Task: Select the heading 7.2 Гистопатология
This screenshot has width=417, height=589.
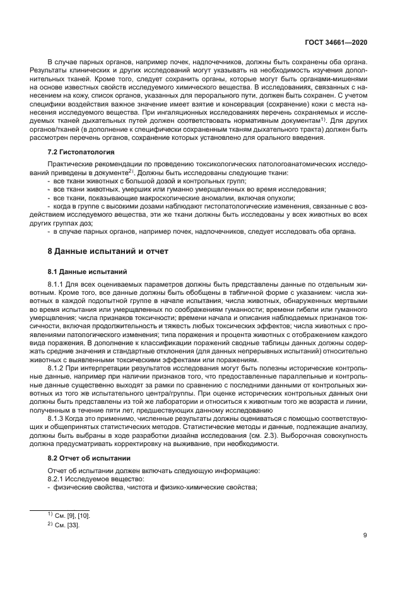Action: [81, 152]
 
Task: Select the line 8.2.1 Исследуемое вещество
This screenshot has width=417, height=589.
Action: [87, 479]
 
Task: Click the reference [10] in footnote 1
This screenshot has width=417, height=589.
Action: [83, 515]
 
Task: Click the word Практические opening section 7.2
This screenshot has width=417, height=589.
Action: [71, 164]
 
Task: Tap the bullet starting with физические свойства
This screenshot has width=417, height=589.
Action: [151, 489]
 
